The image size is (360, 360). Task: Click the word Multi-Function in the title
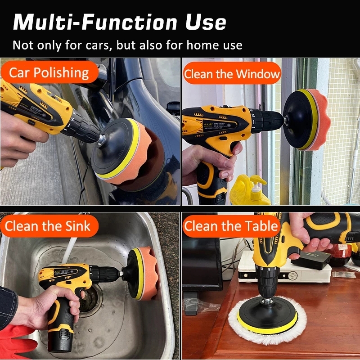click(x=95, y=22)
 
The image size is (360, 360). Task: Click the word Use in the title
click(x=206, y=22)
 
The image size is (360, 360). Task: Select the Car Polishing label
click(x=49, y=72)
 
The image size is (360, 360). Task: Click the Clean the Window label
click(x=232, y=73)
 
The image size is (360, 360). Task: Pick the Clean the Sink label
click(x=49, y=226)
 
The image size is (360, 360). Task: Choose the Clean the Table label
click(x=231, y=226)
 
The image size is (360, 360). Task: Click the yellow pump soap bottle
click(x=250, y=190)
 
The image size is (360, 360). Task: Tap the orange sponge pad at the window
click(x=318, y=120)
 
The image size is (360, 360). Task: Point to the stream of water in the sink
click(x=69, y=250)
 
